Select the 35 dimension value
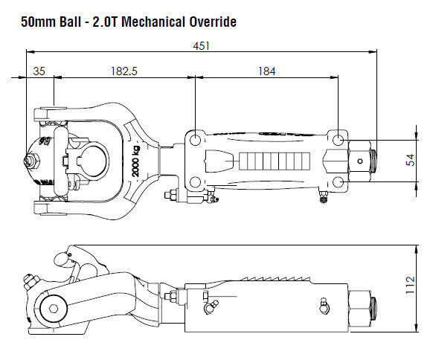click(x=39, y=72)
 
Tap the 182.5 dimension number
click(x=124, y=72)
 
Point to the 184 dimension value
click(x=266, y=72)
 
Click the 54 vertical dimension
click(x=408, y=160)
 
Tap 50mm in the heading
click(x=33, y=22)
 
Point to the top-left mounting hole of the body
click(x=194, y=139)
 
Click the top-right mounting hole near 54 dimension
click(x=339, y=140)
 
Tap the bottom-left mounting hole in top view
click(x=194, y=181)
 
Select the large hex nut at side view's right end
click(x=362, y=306)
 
